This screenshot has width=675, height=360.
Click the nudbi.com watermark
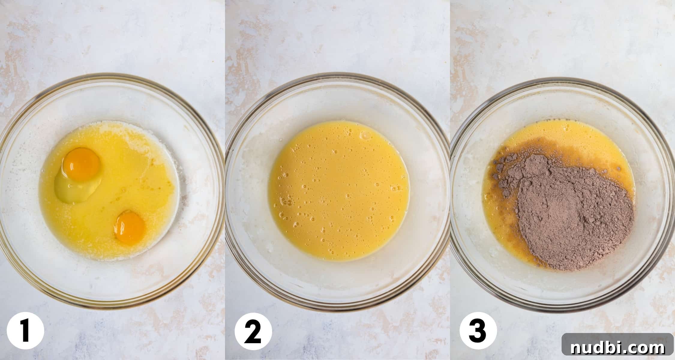pos(618,348)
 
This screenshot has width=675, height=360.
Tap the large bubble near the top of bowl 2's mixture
pos(366,136)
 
